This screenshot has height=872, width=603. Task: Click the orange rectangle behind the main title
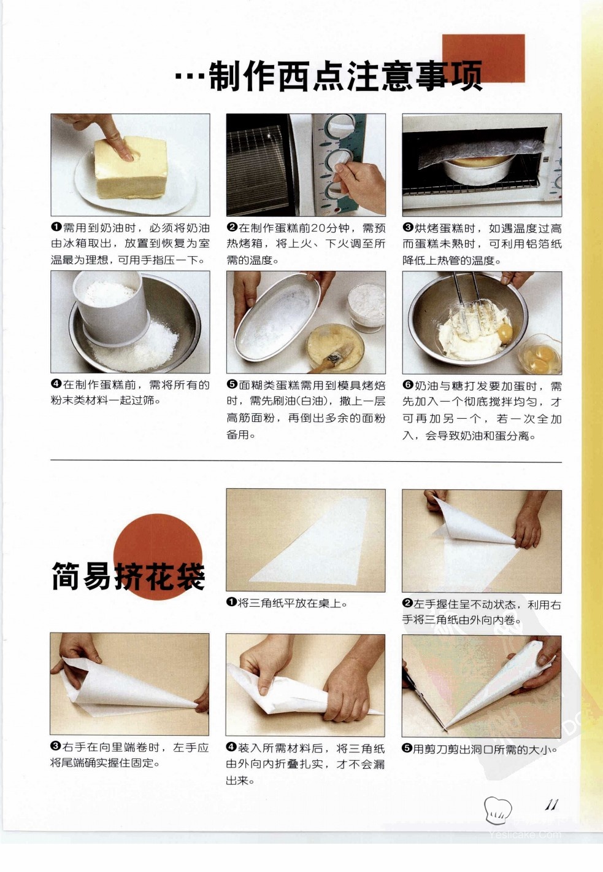click(x=483, y=58)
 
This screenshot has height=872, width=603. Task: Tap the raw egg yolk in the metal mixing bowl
click(x=504, y=333)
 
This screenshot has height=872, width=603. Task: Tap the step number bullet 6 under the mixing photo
click(x=408, y=385)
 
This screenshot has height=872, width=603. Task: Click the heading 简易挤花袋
click(x=128, y=576)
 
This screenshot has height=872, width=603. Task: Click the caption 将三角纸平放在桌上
click(x=291, y=603)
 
